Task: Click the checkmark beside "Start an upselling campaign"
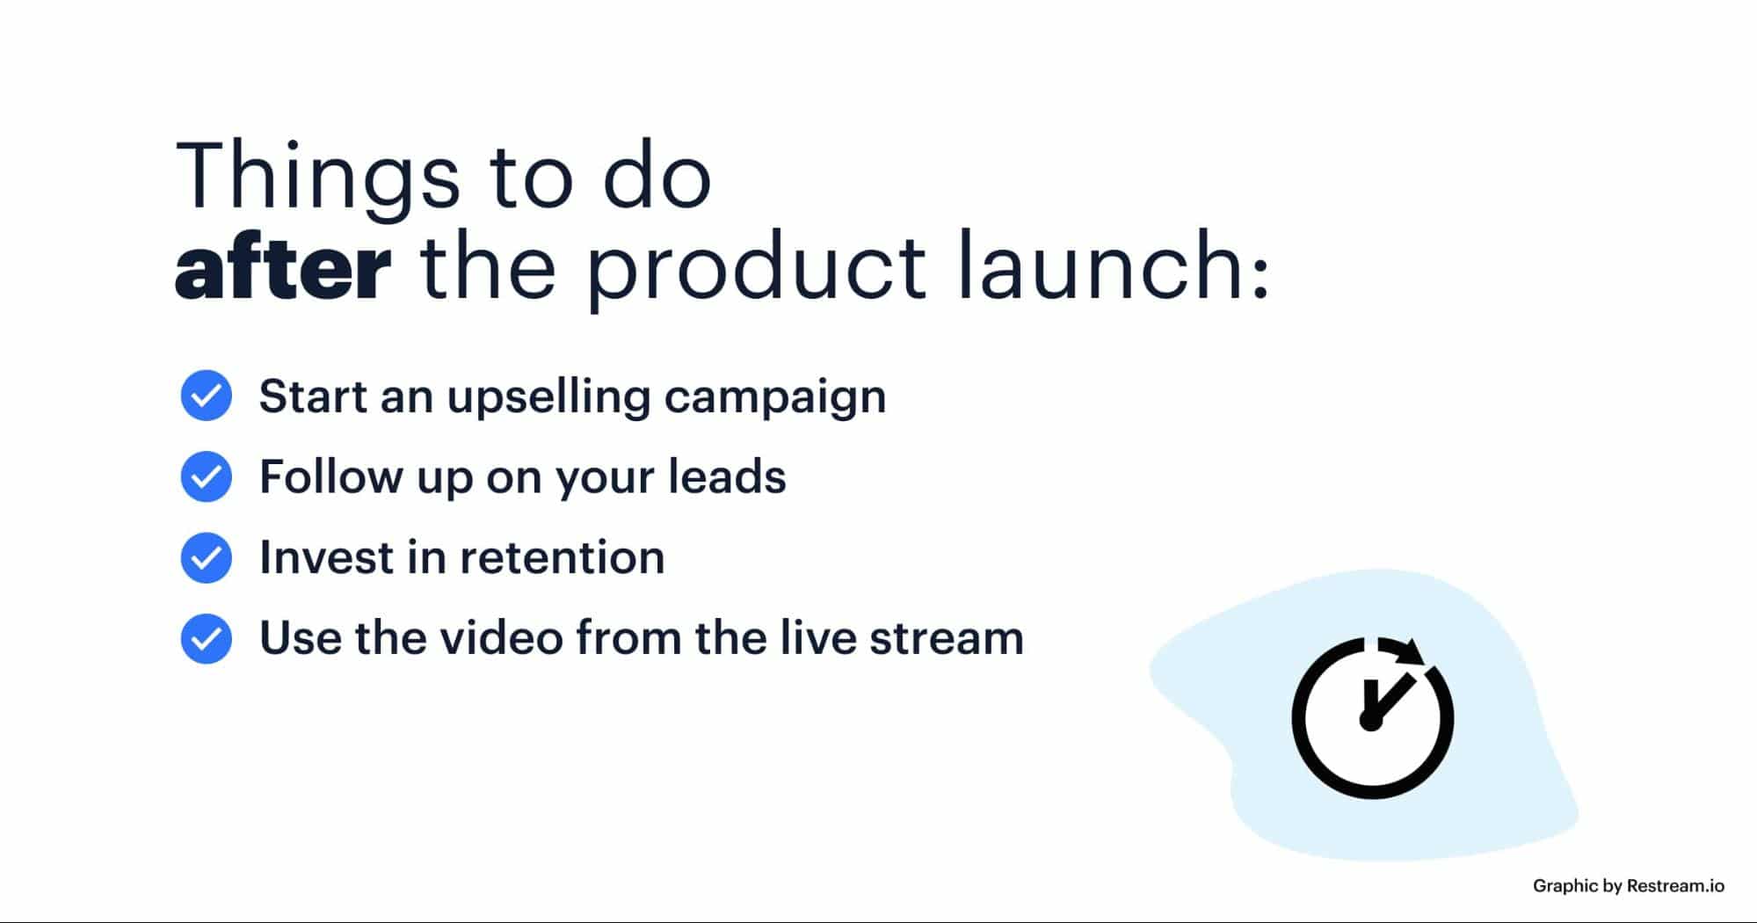(207, 396)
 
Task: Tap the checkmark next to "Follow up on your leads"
(207, 476)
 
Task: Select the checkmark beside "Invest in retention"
(207, 557)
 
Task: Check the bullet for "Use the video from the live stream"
(207, 638)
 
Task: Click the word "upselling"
(548, 398)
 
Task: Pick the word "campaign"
(775, 398)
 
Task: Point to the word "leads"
(727, 476)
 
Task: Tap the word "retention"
(563, 558)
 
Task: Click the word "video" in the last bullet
(502, 637)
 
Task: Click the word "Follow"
(330, 476)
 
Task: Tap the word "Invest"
(326, 557)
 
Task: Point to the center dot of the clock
(1370, 720)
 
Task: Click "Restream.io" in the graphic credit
(1675, 886)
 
